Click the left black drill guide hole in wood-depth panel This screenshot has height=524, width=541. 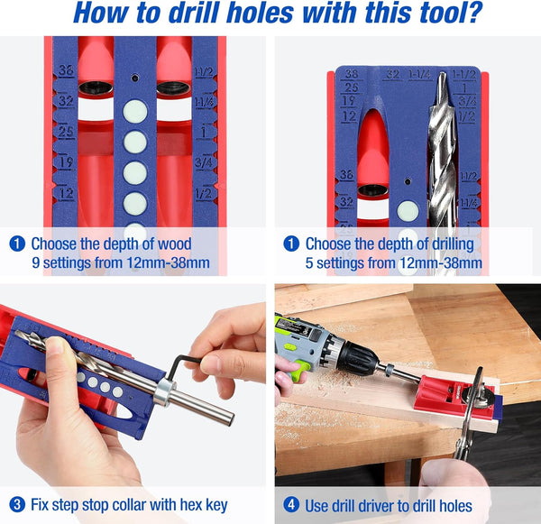coord(95,88)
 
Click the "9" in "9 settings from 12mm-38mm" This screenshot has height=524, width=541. coord(36,263)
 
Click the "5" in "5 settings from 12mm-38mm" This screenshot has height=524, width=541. coord(310,263)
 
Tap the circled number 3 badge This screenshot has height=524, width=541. coord(16,505)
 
